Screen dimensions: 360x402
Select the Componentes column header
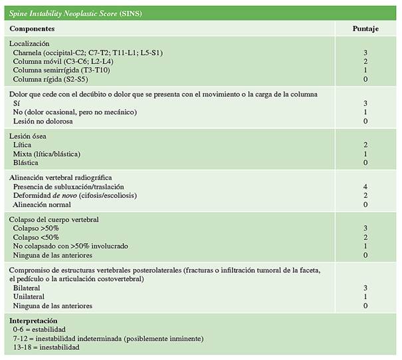pyautogui.click(x=32, y=29)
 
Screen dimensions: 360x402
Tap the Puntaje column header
pyautogui.click(x=365, y=29)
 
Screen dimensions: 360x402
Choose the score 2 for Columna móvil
pyautogui.click(x=365, y=60)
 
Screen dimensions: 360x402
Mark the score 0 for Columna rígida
pyautogui.click(x=365, y=78)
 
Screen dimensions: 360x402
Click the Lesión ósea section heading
pyautogui.click(x=28, y=136)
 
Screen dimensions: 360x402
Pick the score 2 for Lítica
pyautogui.click(x=365, y=145)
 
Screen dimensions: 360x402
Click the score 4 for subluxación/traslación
pyautogui.click(x=365, y=187)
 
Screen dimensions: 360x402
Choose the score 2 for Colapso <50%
pyautogui.click(x=365, y=237)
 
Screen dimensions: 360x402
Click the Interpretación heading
pyautogui.click(x=33, y=321)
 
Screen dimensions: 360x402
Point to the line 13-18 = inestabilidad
pyautogui.click(x=46, y=347)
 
